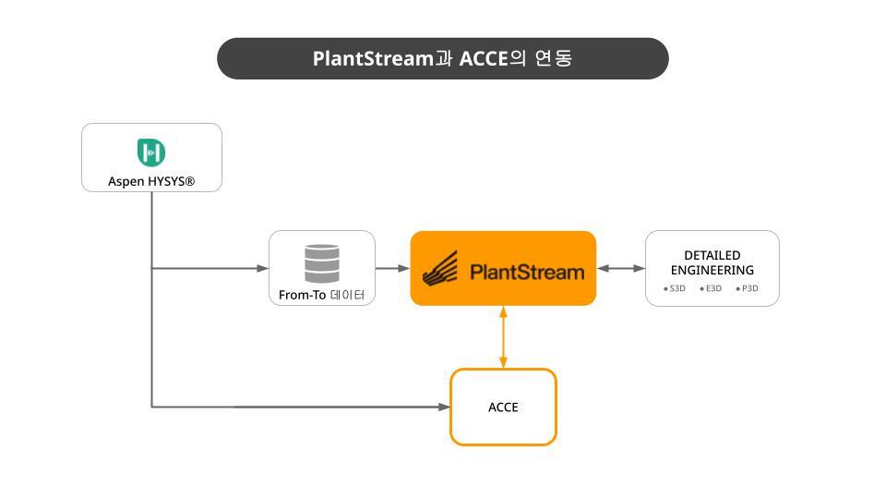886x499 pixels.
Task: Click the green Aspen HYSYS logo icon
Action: pos(150,152)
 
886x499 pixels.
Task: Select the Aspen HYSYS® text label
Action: pos(151,182)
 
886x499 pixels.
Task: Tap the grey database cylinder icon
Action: pos(322,263)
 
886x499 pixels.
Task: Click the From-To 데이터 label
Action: pos(321,295)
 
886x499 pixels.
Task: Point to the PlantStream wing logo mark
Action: pos(439,269)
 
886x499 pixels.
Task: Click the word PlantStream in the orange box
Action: pos(527,272)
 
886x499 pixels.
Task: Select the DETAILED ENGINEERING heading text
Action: pos(712,262)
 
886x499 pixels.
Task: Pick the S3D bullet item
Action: pos(674,288)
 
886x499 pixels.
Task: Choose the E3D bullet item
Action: pos(711,288)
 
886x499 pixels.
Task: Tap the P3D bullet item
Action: pos(747,288)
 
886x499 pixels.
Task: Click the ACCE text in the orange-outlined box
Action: pos(503,408)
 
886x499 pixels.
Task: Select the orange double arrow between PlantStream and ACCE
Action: pos(503,337)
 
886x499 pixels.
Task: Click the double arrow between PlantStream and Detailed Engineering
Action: pos(620,268)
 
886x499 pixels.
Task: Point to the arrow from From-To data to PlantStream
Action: pos(393,268)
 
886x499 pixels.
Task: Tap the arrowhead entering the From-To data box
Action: pos(263,268)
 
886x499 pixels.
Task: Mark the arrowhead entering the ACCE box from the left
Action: pos(444,407)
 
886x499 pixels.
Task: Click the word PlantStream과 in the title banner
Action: pos(382,58)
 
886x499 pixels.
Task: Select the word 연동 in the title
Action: pos(554,57)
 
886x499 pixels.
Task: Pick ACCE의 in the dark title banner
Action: pos(493,58)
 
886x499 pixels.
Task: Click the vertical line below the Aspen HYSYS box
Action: pos(151,299)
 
